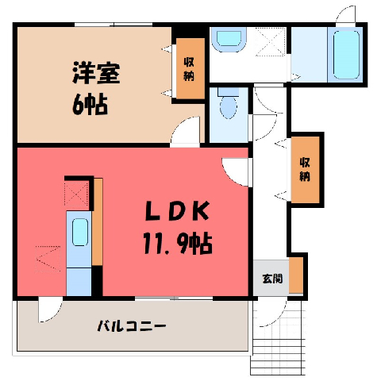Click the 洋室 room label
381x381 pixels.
[x=96, y=73]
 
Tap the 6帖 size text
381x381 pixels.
[x=90, y=104]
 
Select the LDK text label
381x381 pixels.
[x=178, y=210]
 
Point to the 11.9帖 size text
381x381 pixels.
[x=178, y=243]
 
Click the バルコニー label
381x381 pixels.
[x=132, y=326]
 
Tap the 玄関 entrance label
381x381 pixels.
[x=272, y=279]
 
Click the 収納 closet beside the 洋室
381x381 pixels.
[x=189, y=69]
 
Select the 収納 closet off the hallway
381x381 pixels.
[x=305, y=169]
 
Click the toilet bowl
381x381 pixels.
[x=229, y=106]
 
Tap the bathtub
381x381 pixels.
[x=346, y=55]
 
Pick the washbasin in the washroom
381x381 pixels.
[x=229, y=39]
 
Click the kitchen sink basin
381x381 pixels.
[x=80, y=232]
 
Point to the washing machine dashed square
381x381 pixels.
[x=271, y=41]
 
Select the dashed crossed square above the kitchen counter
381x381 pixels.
[x=76, y=194]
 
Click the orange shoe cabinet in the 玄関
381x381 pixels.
[x=296, y=275]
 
